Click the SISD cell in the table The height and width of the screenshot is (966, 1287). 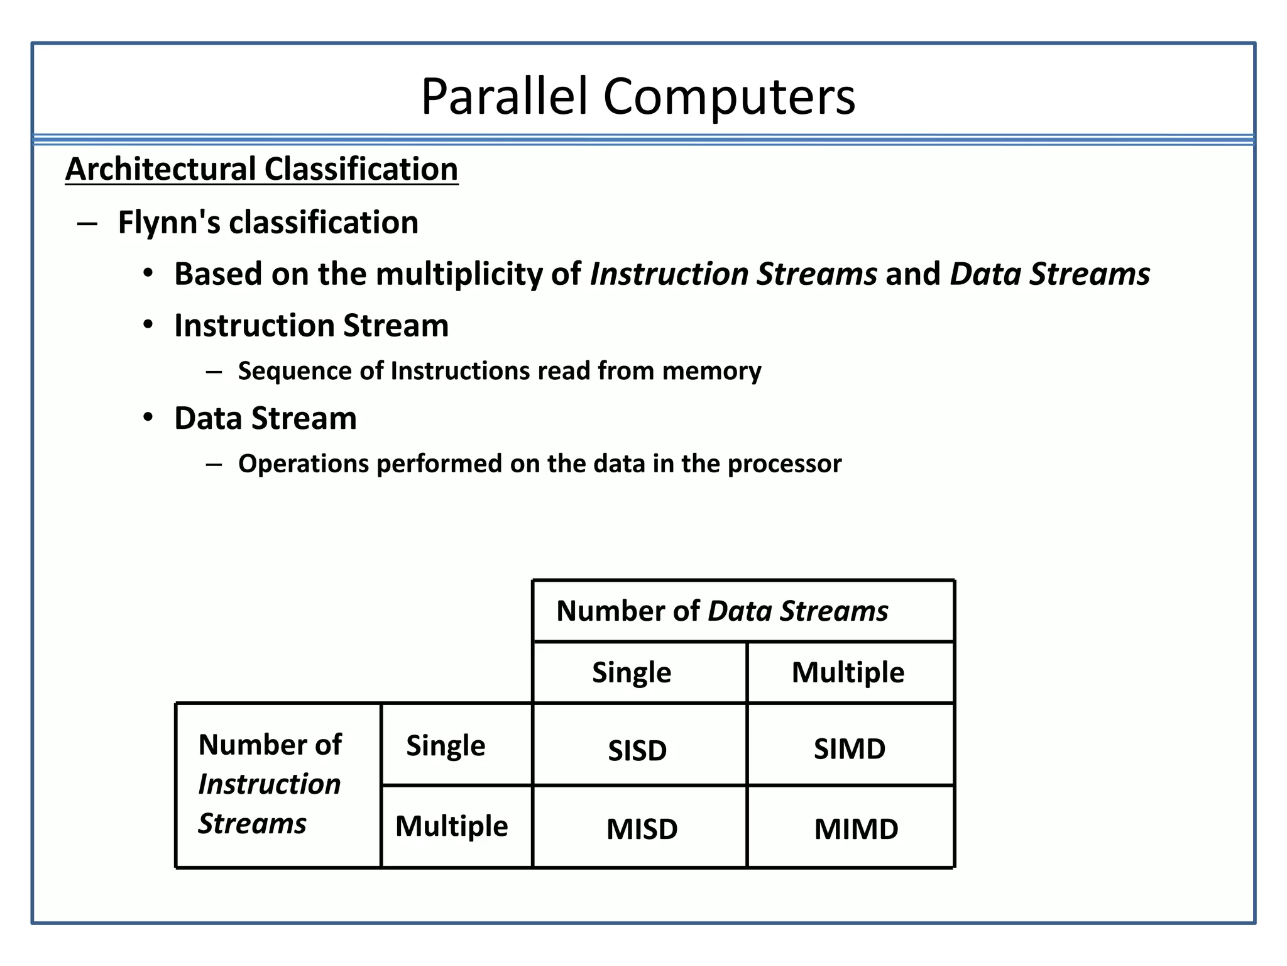click(x=637, y=750)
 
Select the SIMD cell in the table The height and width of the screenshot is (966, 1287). click(x=850, y=748)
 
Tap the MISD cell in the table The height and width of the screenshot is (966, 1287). click(x=642, y=828)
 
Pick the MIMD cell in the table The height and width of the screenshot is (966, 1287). click(x=856, y=828)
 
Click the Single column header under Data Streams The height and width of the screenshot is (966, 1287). click(x=632, y=672)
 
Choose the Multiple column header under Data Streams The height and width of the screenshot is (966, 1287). click(x=848, y=672)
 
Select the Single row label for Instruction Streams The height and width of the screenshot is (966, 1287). click(x=446, y=745)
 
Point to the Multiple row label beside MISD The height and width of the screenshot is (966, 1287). click(x=451, y=825)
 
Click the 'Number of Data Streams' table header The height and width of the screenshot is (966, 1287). click(x=722, y=611)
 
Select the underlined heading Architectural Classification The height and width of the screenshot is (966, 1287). click(x=261, y=169)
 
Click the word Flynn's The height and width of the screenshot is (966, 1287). click(x=168, y=222)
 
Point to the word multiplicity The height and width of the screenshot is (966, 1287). click(x=459, y=274)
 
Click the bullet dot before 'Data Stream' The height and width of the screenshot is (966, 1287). click(x=148, y=418)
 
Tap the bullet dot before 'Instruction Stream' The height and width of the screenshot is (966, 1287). click(x=148, y=325)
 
